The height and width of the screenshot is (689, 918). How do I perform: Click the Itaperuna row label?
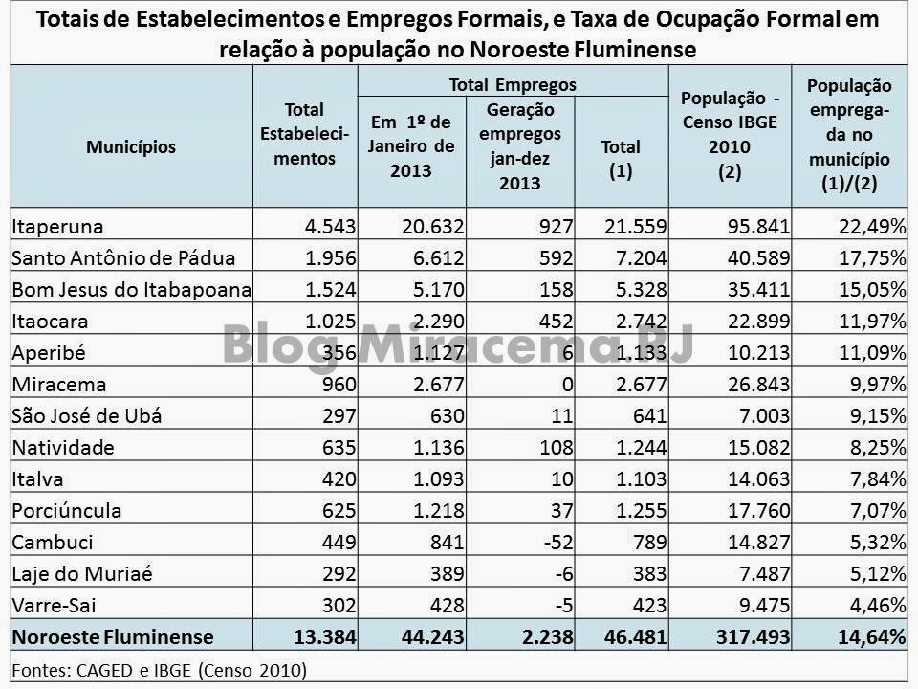coord(57,227)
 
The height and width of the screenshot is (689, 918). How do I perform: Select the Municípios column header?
coord(131,147)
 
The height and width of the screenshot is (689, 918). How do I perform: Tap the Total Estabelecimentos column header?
coord(304,134)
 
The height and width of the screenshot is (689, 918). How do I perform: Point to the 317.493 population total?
coord(750,635)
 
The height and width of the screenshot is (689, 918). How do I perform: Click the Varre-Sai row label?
coord(53,604)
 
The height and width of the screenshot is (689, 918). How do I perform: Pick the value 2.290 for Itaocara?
coord(430,321)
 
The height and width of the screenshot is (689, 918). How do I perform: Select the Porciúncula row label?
coord(63,510)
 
